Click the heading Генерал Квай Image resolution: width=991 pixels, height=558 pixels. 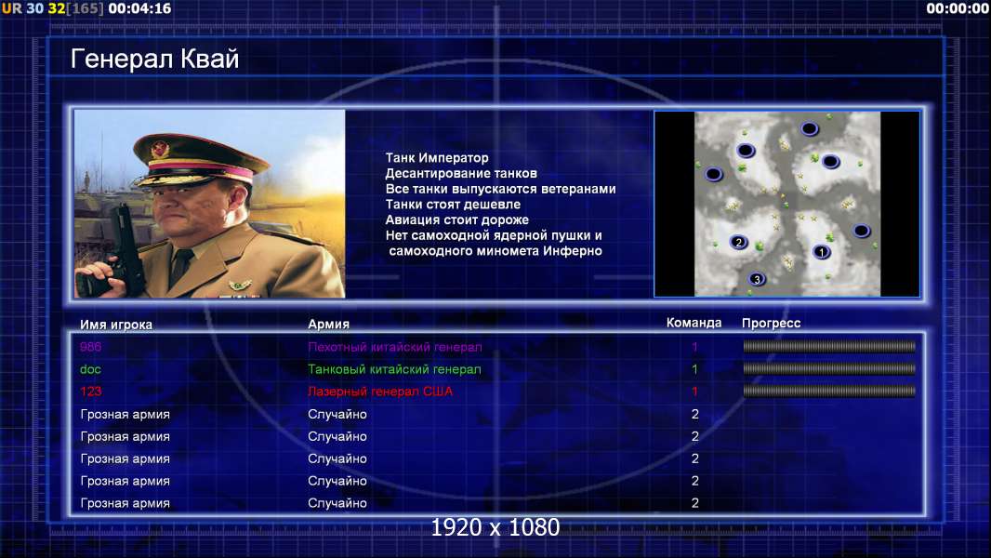coord(155,59)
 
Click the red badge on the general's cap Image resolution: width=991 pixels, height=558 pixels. coord(159,149)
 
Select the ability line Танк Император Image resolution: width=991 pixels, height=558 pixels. coord(437,158)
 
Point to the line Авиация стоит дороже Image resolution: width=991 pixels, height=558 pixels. coord(457,219)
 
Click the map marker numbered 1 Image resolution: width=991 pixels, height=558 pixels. coord(821,252)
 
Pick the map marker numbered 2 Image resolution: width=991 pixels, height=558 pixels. coord(738,242)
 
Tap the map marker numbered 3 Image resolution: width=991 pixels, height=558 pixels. coord(757,279)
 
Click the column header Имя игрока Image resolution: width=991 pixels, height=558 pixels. coord(115,325)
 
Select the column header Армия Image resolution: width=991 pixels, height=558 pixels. coord(329,324)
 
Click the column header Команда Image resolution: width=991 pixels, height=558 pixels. coord(694,323)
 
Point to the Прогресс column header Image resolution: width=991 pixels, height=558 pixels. coord(771,323)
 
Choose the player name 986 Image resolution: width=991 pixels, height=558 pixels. coord(90,347)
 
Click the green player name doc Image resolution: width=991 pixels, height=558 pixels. coord(90,369)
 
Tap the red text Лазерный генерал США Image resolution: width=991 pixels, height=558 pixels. coord(380,392)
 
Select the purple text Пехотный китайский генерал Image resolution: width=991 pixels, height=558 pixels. coord(395,347)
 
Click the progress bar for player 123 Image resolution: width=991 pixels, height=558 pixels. coord(829,392)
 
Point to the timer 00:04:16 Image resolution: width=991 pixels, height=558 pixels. coord(139,8)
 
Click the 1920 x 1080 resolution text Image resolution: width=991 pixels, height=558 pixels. coord(495,527)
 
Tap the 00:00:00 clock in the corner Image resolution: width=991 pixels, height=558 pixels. coord(958,8)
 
